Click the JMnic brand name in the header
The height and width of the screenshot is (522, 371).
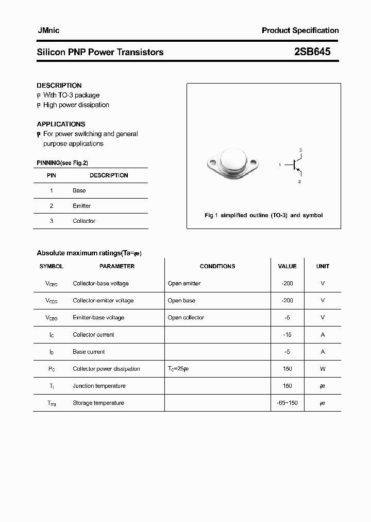(x=48, y=30)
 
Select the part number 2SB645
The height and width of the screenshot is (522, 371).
(x=312, y=52)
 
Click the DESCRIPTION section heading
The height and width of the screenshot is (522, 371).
(x=59, y=85)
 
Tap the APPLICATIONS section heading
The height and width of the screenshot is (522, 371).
(x=61, y=124)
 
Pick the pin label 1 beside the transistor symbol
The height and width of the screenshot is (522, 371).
(x=279, y=165)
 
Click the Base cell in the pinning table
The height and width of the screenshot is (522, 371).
(x=79, y=190)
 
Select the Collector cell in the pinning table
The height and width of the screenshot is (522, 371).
(x=84, y=221)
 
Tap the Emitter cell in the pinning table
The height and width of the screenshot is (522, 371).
(x=81, y=206)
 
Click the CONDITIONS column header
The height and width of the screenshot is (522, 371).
(x=217, y=266)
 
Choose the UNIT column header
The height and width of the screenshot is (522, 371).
(x=323, y=266)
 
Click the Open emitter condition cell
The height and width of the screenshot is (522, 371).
(x=184, y=283)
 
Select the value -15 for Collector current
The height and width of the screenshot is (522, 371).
(x=287, y=334)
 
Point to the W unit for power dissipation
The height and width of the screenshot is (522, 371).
(x=323, y=368)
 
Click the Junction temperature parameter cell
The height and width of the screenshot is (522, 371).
(x=99, y=385)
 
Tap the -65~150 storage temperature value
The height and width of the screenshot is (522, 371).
(x=287, y=402)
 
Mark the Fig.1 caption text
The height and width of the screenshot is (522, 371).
(x=263, y=215)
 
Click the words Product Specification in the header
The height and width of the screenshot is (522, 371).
(x=300, y=30)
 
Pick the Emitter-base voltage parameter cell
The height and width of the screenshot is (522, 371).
(x=98, y=317)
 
